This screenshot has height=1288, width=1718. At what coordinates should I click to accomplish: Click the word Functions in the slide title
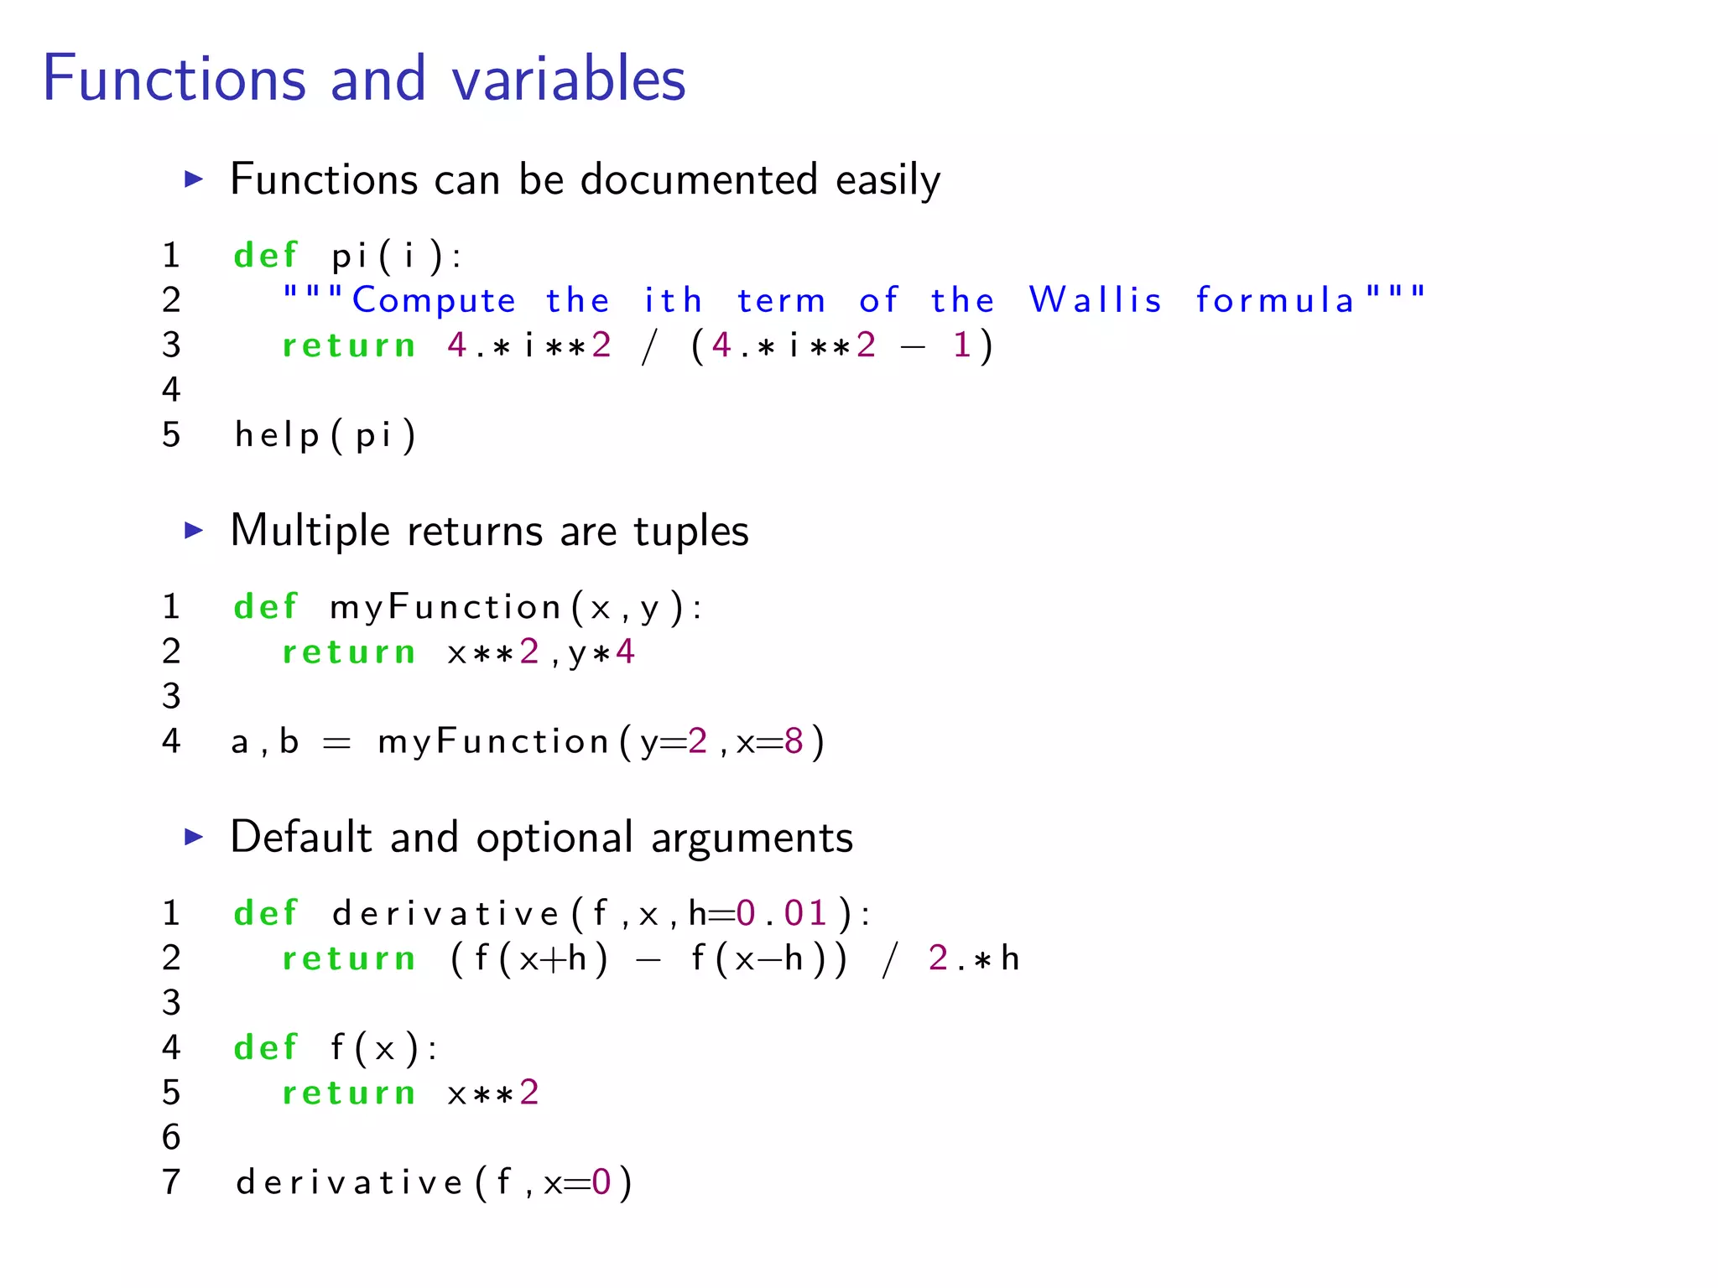pos(174,79)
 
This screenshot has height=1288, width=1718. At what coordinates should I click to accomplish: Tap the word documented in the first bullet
pos(699,179)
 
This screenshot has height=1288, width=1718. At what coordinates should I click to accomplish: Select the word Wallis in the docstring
pos(1096,300)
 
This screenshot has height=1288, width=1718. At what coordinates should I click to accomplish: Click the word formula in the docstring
pos(1275,300)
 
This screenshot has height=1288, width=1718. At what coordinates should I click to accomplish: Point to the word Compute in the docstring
pos(434,300)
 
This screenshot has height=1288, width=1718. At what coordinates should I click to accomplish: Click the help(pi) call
pos(325,435)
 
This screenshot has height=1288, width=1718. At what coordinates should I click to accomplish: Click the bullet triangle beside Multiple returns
pos(194,530)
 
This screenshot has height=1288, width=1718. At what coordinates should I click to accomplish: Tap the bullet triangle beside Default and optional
pos(194,836)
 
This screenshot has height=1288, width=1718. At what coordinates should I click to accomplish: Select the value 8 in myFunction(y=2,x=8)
pos(794,741)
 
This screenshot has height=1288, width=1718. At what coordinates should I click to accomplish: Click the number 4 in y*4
pos(625,652)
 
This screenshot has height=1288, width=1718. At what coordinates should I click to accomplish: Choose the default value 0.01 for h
pos(782,913)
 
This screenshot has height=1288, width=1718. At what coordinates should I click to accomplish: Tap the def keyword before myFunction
pos(266,606)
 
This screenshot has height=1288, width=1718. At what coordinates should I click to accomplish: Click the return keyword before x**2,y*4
pos(349,652)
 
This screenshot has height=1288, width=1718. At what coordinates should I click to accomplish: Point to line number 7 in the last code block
pos(171,1182)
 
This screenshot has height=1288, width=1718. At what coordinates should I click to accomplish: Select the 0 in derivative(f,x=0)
pos(601,1182)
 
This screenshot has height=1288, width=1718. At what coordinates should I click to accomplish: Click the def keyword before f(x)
pos(266,1047)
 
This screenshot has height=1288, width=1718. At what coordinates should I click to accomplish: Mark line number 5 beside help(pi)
pos(171,434)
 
